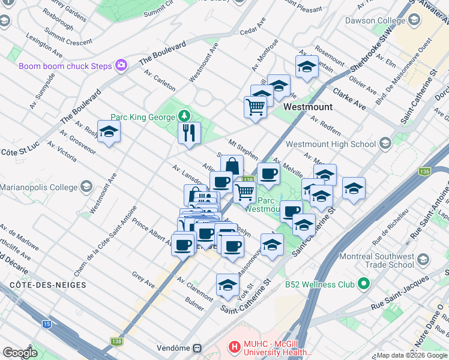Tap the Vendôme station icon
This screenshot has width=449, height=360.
(196, 348)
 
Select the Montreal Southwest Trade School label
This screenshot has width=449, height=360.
(376, 260)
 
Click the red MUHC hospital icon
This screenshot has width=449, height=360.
(235, 347)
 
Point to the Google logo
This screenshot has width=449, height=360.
(20, 353)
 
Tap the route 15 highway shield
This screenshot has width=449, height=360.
(47, 324)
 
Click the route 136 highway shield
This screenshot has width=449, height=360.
(425, 172)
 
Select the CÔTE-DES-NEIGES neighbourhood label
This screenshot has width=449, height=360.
(47, 284)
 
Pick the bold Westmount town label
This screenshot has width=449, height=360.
(307, 107)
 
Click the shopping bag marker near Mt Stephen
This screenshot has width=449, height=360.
(232, 166)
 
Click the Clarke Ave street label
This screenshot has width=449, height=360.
(349, 96)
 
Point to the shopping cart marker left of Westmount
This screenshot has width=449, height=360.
(255, 107)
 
